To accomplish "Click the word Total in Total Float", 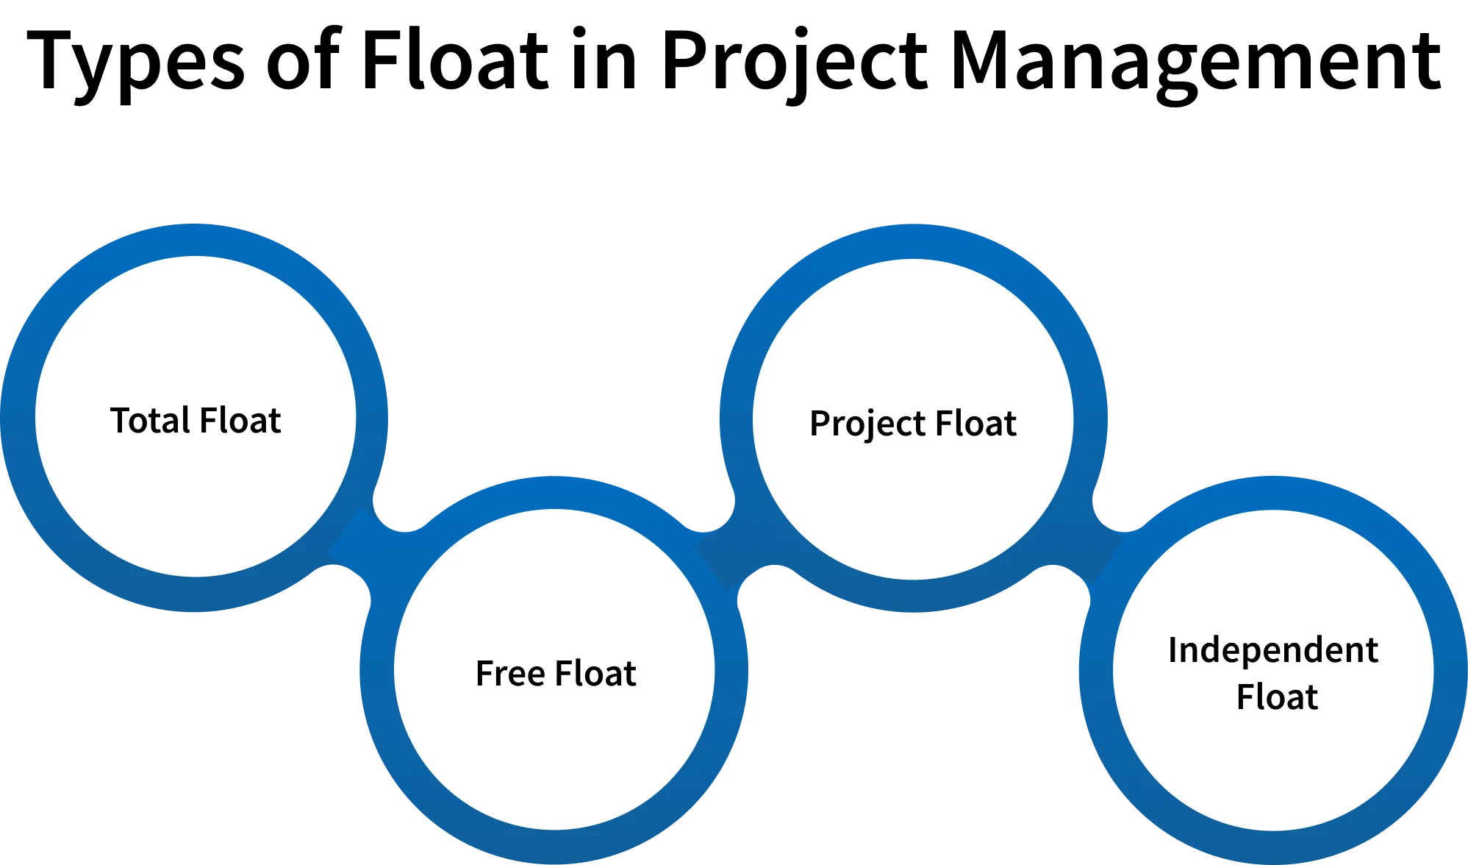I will pyautogui.click(x=150, y=421).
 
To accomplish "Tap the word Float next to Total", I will pyautogui.click(x=240, y=421).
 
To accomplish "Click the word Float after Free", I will pyautogui.click(x=595, y=674).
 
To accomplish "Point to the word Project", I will pyautogui.click(x=867, y=424).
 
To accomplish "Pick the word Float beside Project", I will pyautogui.click(x=975, y=424).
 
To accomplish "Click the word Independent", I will pyautogui.click(x=1272, y=651).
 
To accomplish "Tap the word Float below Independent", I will pyautogui.click(x=1277, y=697).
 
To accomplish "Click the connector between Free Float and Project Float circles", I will pyautogui.click(x=724, y=555).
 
